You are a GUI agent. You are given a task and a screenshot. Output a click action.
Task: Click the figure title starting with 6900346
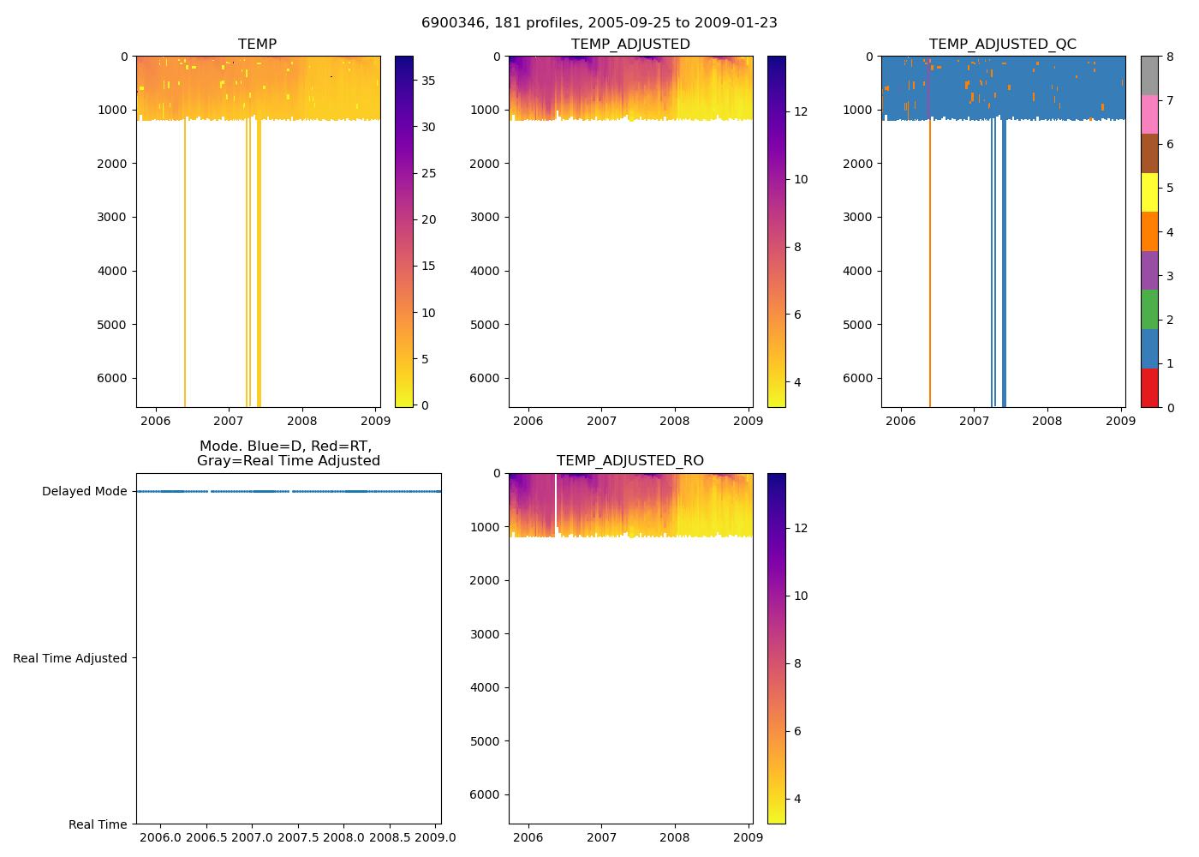[x=599, y=23]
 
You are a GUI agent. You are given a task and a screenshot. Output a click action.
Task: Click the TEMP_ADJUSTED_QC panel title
[x=1002, y=45]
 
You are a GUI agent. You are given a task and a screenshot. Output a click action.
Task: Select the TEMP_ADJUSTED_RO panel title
[x=629, y=461]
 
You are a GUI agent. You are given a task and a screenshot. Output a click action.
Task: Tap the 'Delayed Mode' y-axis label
[x=84, y=492]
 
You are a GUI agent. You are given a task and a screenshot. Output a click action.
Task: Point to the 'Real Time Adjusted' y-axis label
[x=70, y=658]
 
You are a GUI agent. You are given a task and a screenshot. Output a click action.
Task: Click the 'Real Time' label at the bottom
[x=98, y=824]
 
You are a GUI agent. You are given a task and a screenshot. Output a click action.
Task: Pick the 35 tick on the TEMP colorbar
[x=428, y=81]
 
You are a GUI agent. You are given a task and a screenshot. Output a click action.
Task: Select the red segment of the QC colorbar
[x=1149, y=387]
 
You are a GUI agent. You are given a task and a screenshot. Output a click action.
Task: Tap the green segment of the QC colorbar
[x=1149, y=309]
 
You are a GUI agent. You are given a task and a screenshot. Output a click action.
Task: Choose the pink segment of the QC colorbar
[x=1149, y=114]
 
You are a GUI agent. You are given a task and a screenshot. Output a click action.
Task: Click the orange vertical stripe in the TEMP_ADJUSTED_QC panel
[x=930, y=257]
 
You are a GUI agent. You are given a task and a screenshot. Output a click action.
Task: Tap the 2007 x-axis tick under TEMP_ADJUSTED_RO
[x=601, y=837]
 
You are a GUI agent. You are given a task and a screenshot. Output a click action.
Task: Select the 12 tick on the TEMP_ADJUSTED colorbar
[x=801, y=111]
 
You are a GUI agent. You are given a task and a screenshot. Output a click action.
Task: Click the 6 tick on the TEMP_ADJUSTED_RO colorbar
[x=797, y=731]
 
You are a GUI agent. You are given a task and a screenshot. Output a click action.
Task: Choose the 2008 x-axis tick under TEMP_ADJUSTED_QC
[x=1047, y=421]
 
